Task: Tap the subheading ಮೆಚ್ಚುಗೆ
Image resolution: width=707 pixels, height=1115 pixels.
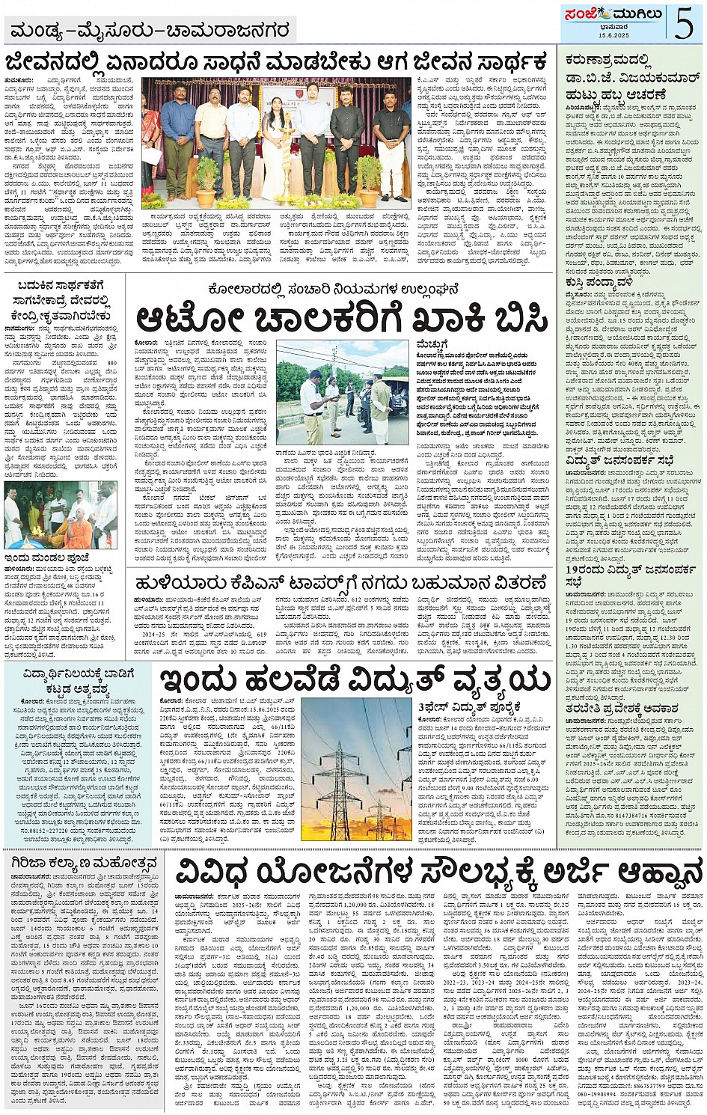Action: pos(433,343)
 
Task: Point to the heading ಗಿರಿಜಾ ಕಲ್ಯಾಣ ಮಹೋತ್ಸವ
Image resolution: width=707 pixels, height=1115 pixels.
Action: pos(82,864)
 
